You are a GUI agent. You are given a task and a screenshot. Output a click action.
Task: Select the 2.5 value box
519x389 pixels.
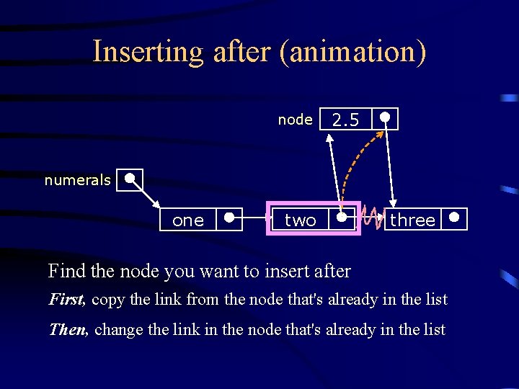coord(345,120)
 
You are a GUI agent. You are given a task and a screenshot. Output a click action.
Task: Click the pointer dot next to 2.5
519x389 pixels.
coord(386,117)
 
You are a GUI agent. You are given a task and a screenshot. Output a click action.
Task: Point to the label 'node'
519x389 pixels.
coord(295,120)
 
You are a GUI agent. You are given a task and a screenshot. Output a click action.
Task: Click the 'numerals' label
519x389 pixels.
coord(77,180)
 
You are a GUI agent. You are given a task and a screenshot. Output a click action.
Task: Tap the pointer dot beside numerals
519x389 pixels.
coord(129,177)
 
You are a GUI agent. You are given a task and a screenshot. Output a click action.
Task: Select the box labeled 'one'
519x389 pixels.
coord(187,220)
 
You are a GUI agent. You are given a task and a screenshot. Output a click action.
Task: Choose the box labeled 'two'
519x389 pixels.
coord(300,220)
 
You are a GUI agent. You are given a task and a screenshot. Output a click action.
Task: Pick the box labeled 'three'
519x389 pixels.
coord(412,220)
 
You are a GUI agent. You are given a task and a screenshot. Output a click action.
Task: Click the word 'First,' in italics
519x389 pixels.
coord(67,299)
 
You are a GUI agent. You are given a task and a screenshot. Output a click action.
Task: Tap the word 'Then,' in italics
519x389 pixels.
coord(68,330)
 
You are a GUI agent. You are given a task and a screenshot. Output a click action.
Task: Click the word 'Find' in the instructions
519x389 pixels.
coord(62,272)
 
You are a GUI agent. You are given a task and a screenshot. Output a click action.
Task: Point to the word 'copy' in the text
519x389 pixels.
coord(108,300)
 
